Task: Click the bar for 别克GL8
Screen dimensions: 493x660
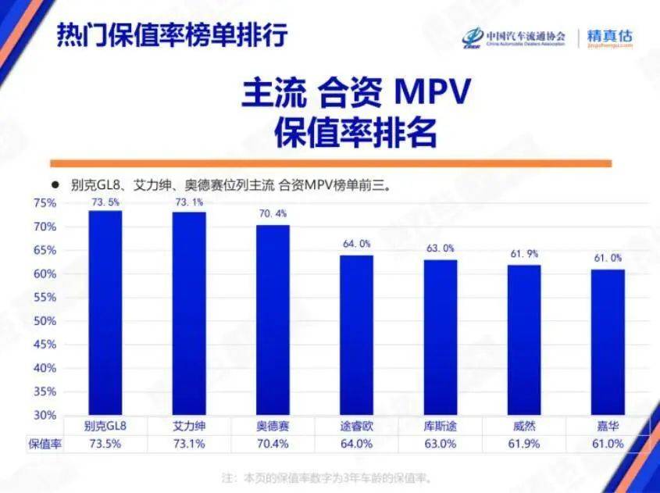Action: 105,313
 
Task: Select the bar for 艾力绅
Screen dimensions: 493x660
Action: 189,313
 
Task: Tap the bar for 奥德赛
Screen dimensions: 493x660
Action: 273,320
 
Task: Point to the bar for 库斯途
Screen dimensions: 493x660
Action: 441,337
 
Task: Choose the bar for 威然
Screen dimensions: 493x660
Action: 523,340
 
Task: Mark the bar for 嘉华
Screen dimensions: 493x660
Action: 608,341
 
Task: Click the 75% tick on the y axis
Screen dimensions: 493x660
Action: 45,203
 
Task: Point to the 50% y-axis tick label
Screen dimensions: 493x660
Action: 45,321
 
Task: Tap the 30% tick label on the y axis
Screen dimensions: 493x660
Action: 45,415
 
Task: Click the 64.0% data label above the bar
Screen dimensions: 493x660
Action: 356,244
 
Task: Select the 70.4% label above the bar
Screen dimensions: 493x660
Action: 273,213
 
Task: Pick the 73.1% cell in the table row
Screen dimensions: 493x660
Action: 189,444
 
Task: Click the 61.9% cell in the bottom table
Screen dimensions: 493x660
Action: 523,444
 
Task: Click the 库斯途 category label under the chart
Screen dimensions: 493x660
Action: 441,427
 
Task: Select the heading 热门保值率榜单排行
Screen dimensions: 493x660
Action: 173,35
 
